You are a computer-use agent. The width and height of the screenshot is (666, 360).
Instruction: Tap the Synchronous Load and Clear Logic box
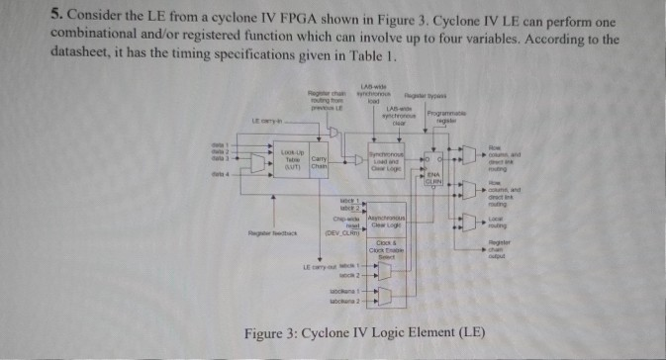pyautogui.click(x=385, y=159)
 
